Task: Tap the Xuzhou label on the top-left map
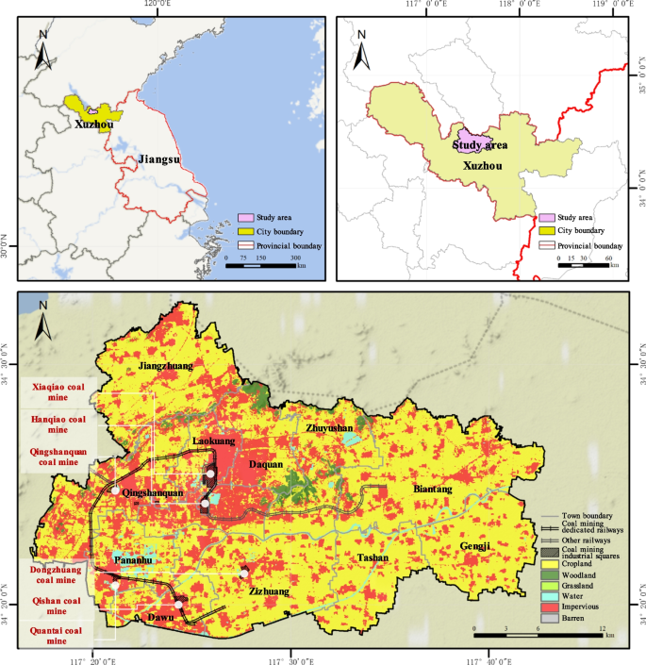(x=94, y=124)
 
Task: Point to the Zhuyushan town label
(x=329, y=427)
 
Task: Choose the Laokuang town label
(x=213, y=441)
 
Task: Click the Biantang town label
(x=433, y=490)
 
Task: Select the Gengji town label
(x=476, y=546)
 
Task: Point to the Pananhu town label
(x=135, y=560)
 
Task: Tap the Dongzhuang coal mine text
(x=58, y=574)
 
